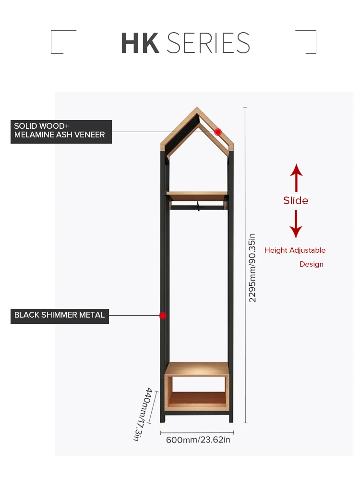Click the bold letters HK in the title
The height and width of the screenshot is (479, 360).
click(140, 43)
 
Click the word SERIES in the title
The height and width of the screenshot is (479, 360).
click(208, 43)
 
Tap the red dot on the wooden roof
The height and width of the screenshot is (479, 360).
click(218, 132)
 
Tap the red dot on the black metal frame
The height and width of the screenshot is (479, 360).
click(163, 316)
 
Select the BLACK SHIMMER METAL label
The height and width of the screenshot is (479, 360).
click(60, 316)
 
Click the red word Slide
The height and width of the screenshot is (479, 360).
click(296, 200)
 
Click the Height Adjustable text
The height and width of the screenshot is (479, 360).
click(295, 250)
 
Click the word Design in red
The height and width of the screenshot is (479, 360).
click(312, 264)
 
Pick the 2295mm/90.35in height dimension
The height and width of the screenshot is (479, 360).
click(252, 268)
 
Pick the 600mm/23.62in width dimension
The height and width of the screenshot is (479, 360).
click(198, 440)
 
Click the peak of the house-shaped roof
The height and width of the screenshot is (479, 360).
click(196, 109)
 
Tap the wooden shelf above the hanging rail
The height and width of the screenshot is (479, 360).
click(197, 195)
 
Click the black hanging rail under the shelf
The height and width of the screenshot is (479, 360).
click(197, 208)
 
